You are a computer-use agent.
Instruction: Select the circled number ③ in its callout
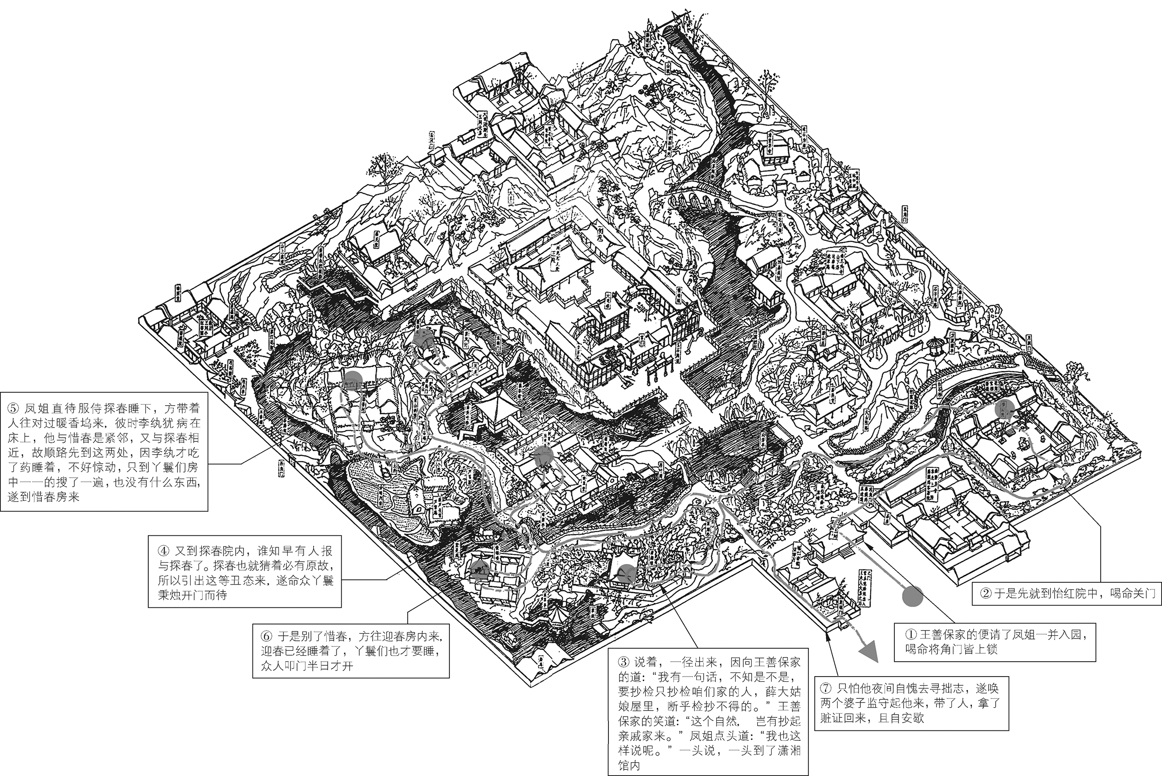624,662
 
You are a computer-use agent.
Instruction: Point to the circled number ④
164,551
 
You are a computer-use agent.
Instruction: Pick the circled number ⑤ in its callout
13,408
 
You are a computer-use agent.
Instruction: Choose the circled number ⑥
267,636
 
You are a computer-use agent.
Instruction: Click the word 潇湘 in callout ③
789,750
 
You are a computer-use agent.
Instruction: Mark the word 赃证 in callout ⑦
832,717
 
